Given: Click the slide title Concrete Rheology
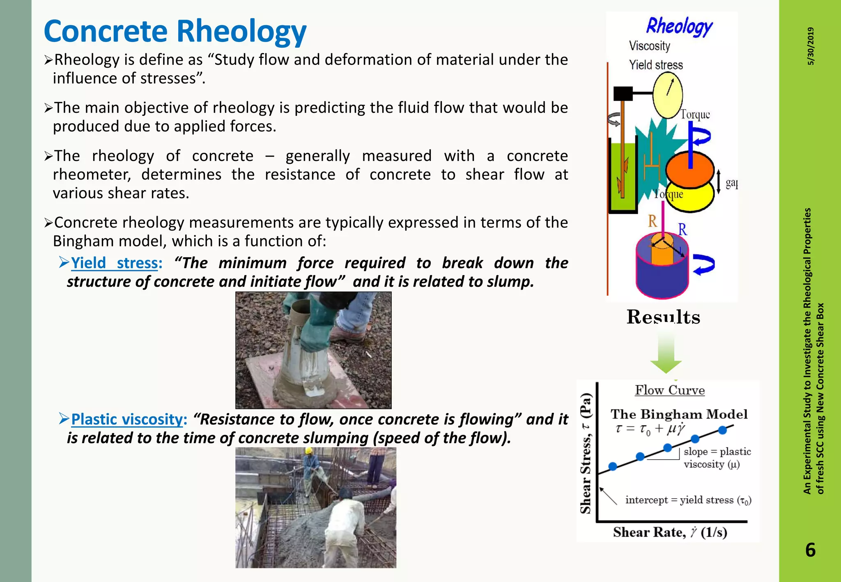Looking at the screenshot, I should pos(175,32).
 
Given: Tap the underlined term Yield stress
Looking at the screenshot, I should pos(115,263).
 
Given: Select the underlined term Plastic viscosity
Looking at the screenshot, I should pos(126,419).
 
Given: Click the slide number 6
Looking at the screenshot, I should pos(810,550).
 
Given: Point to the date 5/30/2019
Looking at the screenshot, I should pos(811,46).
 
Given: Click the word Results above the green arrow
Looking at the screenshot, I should pos(663,317).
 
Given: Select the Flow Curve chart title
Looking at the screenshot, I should pos(670,390).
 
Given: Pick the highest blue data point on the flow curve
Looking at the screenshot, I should pos(723,430).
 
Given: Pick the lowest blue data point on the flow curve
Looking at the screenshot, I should pos(613,466).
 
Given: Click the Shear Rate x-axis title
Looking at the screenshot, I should pos(670,532).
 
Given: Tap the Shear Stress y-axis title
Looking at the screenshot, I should pos(586,453).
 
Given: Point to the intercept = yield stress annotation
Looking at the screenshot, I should pos(688,500).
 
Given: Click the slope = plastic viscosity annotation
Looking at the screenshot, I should pos(717,458).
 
